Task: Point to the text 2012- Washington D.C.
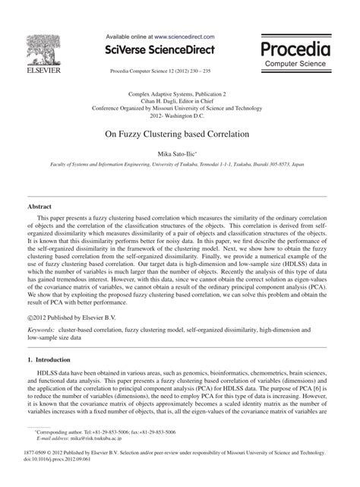[180, 116]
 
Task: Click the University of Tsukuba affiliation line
[180, 163]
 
